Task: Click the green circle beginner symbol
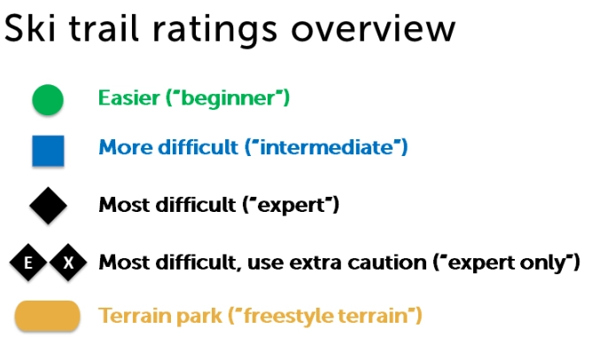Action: click(x=48, y=99)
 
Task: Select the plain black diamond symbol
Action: click(x=48, y=206)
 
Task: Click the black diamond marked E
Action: click(x=28, y=262)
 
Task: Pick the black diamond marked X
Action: click(x=68, y=262)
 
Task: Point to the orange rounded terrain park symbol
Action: click(x=48, y=316)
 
